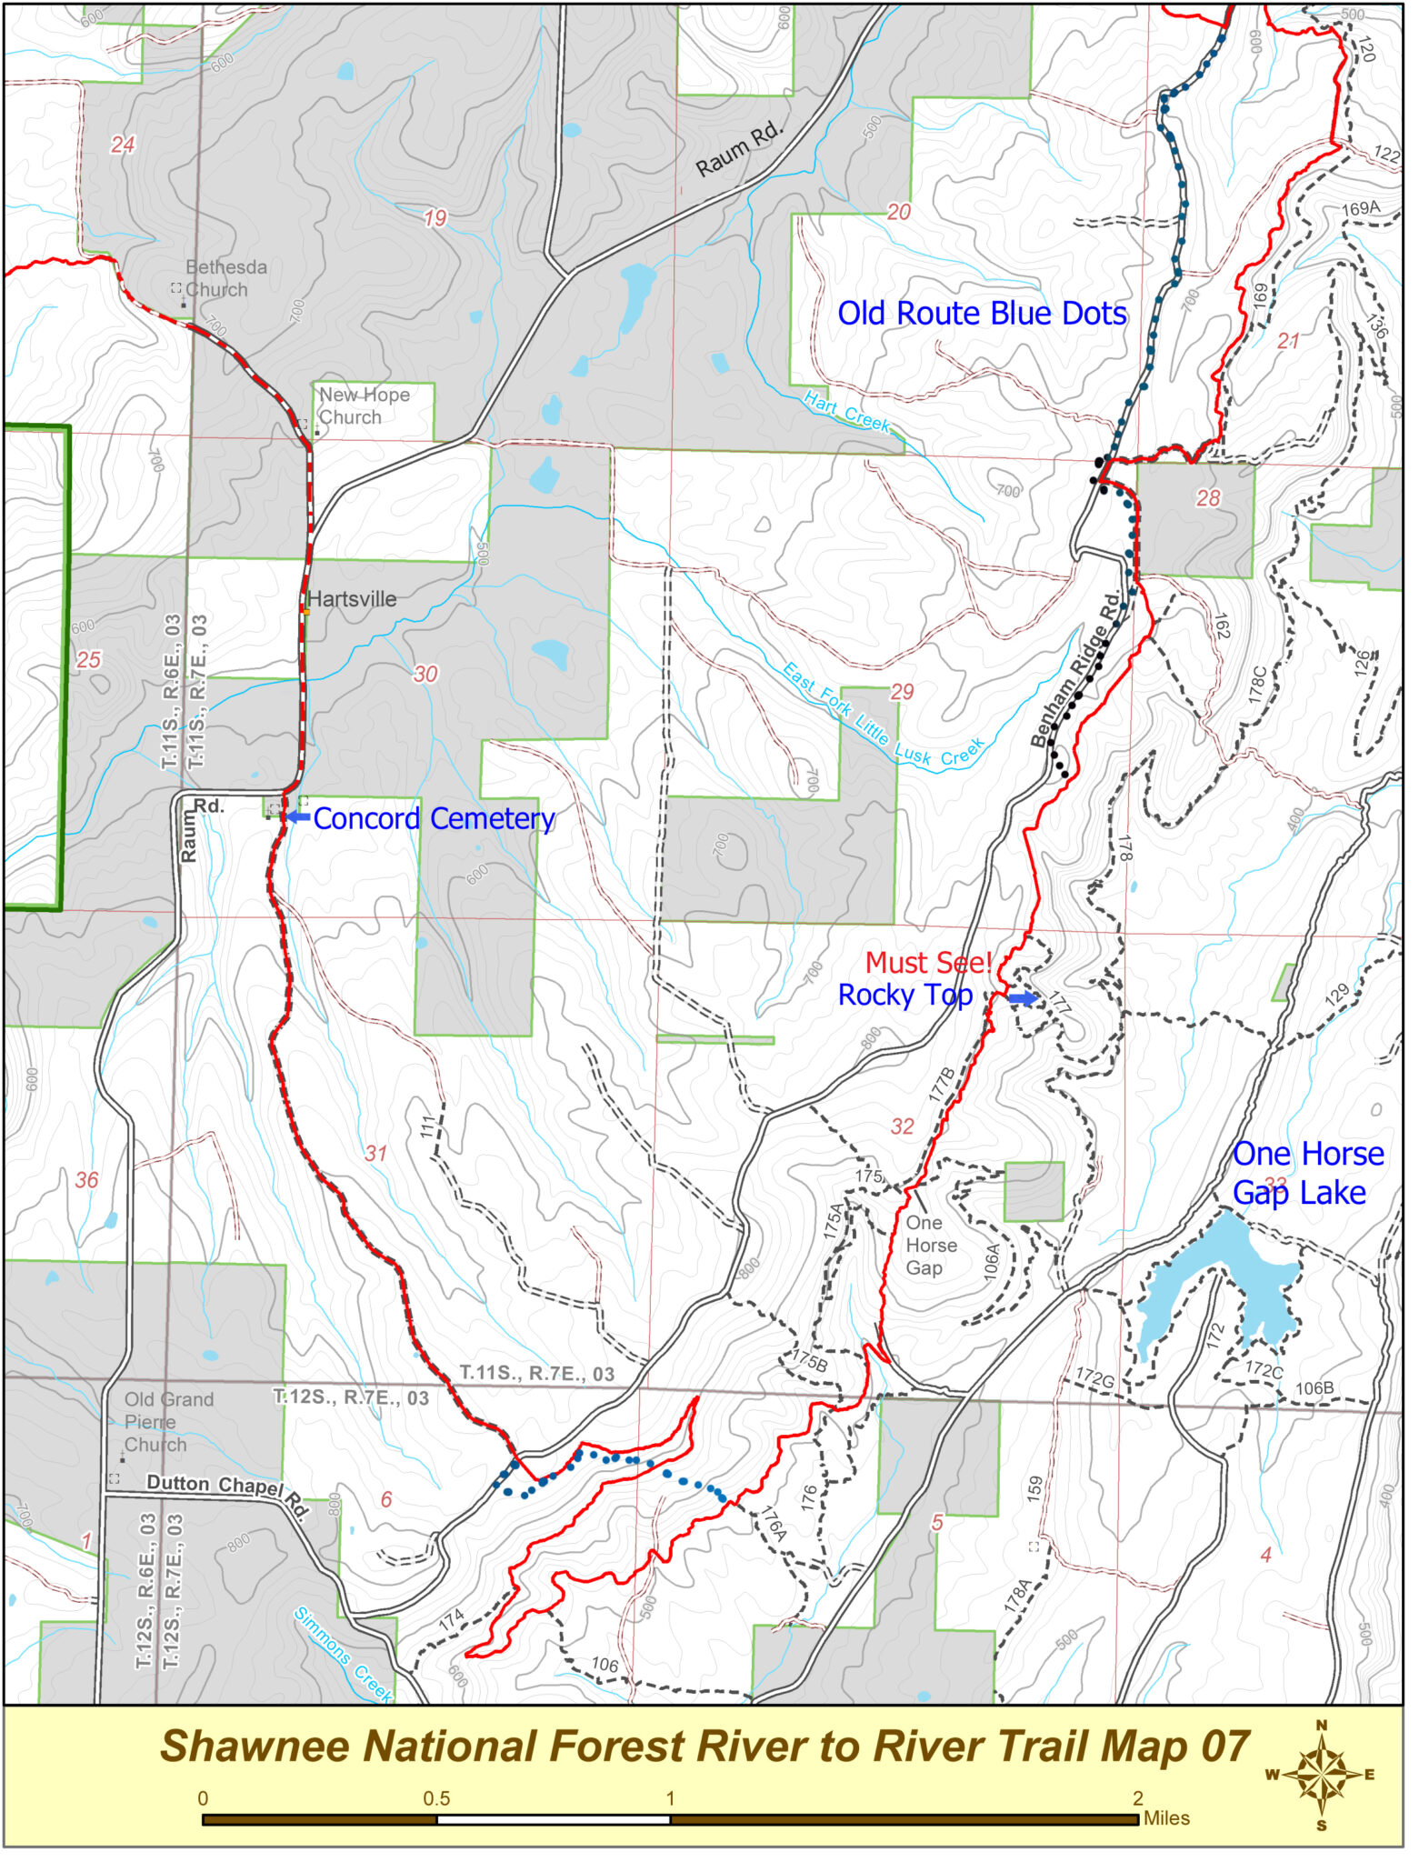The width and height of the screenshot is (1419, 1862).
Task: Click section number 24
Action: coord(124,145)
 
